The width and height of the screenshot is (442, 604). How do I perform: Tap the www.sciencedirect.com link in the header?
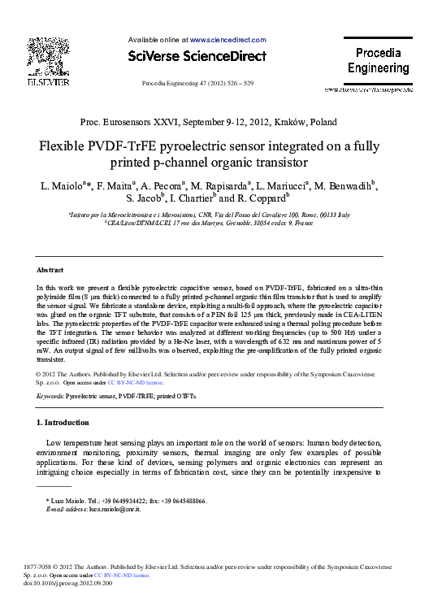227,39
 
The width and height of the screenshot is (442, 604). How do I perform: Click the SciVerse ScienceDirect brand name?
197,56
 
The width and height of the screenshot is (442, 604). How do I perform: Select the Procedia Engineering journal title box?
378,61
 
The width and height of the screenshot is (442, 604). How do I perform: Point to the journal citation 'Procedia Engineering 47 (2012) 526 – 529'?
197,83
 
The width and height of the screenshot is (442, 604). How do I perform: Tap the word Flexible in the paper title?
67,149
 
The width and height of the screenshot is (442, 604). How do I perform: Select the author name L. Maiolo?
63,187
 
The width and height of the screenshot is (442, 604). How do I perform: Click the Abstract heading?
51,269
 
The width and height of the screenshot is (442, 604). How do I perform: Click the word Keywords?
50,396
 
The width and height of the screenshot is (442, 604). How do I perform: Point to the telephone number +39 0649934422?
119,501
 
